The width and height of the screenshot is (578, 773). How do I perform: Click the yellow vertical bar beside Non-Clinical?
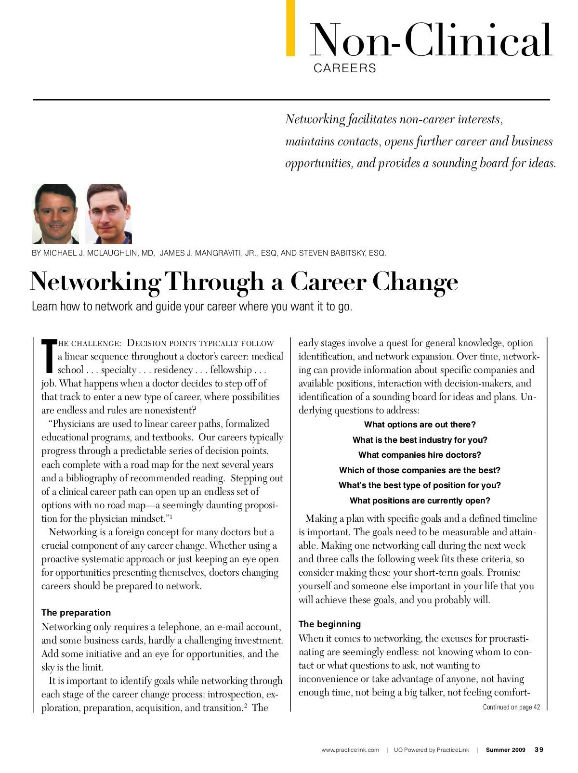(290, 28)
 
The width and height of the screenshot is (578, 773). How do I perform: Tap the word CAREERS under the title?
(345, 68)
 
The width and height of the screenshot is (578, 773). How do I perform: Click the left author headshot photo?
(55, 214)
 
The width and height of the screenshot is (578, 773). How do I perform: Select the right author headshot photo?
(108, 214)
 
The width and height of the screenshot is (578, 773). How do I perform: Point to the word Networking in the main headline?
(95, 282)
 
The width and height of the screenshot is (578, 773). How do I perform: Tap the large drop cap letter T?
(49, 357)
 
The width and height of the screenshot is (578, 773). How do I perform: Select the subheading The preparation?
(76, 613)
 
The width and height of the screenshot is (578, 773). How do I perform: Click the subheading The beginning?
(329, 624)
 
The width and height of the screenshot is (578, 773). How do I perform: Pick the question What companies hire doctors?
(420, 455)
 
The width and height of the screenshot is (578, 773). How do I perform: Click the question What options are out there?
(420, 425)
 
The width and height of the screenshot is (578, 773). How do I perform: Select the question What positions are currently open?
(420, 501)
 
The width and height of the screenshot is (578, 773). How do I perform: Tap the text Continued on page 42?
(512, 707)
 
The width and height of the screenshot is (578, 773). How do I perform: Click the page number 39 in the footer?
(539, 750)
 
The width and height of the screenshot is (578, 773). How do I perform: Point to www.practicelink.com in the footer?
(350, 750)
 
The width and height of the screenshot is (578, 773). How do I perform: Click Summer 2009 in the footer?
(505, 750)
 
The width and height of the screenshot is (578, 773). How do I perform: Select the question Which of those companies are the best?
(420, 471)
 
